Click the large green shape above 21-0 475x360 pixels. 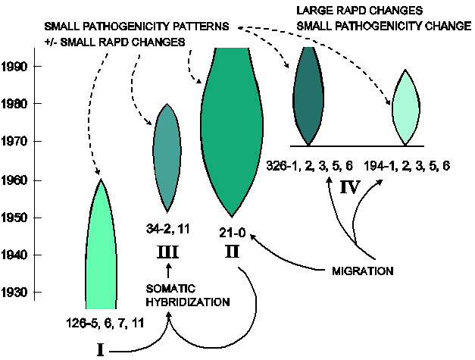pos(232,129)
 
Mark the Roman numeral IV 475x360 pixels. pos(349,187)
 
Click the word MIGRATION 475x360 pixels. pos(364,269)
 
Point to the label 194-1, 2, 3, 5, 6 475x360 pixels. pos(407,164)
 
